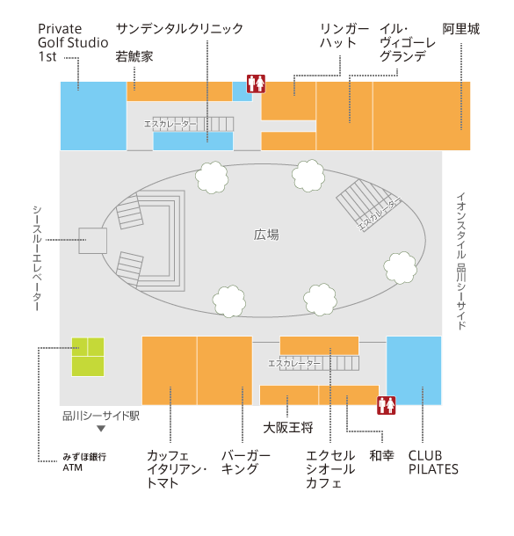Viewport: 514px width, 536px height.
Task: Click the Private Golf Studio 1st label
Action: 73,43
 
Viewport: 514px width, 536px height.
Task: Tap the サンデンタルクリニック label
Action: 180,29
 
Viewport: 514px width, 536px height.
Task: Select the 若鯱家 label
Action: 134,56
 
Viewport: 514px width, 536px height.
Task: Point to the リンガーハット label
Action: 344,35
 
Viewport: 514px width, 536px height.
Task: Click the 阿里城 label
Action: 461,29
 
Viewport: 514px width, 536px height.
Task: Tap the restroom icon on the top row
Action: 257,83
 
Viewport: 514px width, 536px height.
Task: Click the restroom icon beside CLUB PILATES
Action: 387,405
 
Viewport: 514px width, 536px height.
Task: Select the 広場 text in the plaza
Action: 266,235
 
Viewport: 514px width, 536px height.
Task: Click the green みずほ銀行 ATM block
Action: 88,357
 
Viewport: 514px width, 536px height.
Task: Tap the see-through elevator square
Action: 92,241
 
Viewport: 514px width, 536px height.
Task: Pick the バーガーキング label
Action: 246,462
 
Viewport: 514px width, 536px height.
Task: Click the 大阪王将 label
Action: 288,428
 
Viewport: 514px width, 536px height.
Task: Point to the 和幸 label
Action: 381,456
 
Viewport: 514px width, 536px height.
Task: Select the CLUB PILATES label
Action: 433,462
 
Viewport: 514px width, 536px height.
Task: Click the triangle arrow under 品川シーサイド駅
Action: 101,429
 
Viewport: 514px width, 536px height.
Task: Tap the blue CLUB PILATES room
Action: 414,371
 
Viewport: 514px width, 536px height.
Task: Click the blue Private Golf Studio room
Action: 93,116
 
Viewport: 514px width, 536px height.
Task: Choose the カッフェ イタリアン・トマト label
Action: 177,469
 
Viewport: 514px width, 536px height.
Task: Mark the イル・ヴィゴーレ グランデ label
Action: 408,42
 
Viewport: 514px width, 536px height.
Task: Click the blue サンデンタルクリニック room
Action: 193,141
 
